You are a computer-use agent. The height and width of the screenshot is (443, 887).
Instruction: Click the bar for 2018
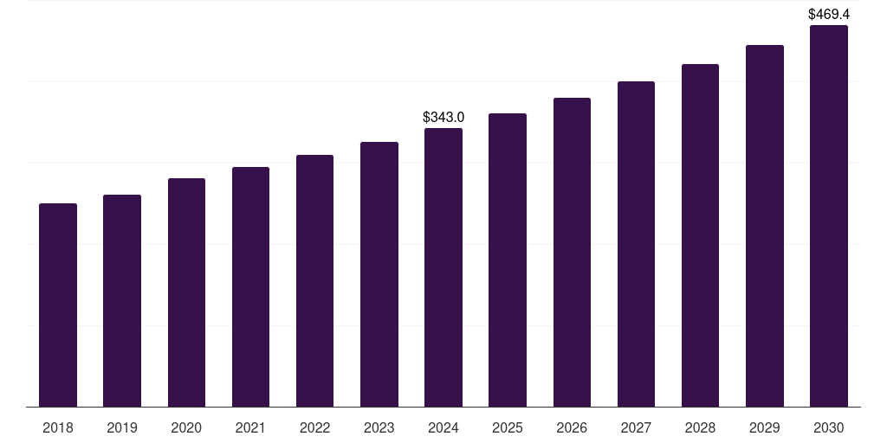(x=58, y=305)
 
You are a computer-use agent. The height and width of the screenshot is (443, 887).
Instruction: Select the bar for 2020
(x=186, y=292)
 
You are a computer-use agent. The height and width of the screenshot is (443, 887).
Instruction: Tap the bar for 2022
(x=314, y=281)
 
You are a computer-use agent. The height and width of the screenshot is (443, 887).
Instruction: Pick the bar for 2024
(x=443, y=267)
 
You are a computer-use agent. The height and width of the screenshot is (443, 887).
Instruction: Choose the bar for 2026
(x=572, y=253)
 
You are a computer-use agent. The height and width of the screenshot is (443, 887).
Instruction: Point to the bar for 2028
(x=700, y=235)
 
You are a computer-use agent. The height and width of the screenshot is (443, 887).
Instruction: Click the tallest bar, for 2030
(x=829, y=216)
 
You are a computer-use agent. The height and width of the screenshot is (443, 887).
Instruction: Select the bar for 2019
(x=122, y=301)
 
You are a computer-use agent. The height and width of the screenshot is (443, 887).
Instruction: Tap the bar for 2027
(x=636, y=244)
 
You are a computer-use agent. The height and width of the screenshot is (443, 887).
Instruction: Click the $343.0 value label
(x=443, y=117)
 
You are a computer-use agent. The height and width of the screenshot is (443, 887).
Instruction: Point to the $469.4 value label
(x=829, y=14)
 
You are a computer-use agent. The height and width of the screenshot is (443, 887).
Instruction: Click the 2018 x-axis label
(x=58, y=427)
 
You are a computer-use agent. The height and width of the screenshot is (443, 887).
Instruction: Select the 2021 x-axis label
(x=250, y=427)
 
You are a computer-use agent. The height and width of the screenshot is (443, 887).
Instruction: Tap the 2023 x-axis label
(x=379, y=427)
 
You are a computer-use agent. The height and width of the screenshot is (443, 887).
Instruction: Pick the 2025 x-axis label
(x=508, y=427)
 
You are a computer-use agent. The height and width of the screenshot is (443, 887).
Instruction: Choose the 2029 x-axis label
(x=764, y=427)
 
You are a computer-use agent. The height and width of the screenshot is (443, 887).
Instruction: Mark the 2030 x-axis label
(x=829, y=427)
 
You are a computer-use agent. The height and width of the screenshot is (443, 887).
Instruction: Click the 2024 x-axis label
(x=443, y=427)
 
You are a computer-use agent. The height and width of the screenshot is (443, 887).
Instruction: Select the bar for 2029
(x=764, y=226)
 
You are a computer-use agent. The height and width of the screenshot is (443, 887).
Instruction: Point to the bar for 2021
(x=250, y=287)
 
